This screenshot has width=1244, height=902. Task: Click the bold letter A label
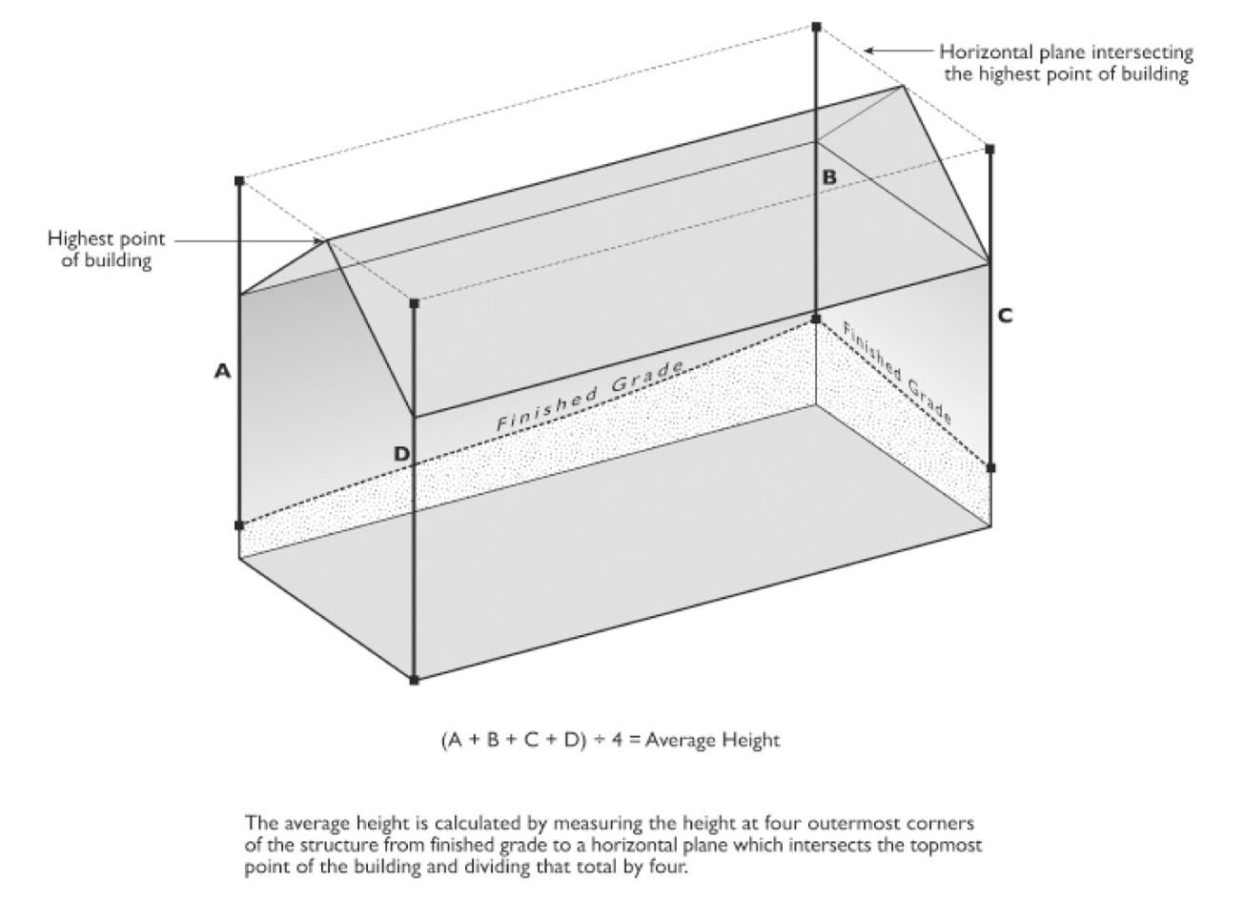click(x=222, y=372)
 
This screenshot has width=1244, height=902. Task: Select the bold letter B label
click(x=829, y=176)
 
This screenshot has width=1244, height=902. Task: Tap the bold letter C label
click(x=1005, y=316)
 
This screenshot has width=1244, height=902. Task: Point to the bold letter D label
click(x=402, y=455)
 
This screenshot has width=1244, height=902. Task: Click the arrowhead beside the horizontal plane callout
click(x=868, y=50)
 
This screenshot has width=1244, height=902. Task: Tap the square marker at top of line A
click(x=239, y=180)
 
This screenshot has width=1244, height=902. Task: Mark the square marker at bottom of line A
click(x=239, y=525)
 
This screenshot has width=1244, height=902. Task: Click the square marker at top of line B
click(x=816, y=26)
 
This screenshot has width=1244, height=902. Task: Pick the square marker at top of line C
click(x=990, y=149)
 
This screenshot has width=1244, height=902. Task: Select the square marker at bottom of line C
click(x=990, y=468)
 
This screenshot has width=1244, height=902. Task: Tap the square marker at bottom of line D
click(x=414, y=680)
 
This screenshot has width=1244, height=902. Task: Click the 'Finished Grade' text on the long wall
click(x=591, y=394)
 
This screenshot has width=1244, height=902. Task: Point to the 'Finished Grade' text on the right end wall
click(x=897, y=372)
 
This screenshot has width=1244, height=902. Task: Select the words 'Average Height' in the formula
click(x=712, y=739)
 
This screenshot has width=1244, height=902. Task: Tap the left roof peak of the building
click(x=327, y=239)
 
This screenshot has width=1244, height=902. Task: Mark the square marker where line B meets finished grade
click(x=816, y=318)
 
